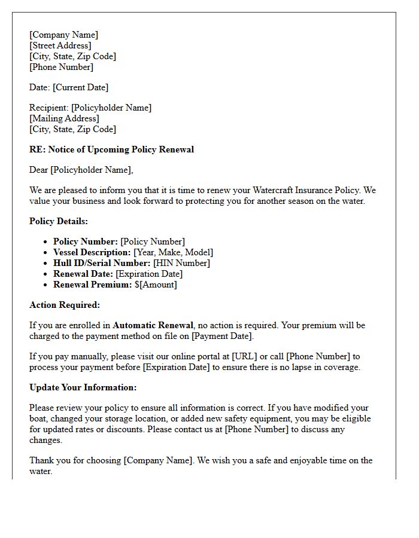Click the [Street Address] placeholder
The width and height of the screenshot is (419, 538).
point(60,45)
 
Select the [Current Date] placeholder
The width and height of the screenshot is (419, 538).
point(81,87)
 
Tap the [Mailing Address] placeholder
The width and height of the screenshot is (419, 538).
point(64,118)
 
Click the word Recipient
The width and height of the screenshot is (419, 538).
point(48,108)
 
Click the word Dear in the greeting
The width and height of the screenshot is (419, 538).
point(39,170)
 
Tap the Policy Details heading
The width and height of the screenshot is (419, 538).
point(59,221)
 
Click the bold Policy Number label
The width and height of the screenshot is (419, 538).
point(86,242)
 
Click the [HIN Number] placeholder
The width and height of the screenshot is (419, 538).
point(181,263)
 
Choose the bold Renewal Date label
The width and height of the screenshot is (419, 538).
point(83,274)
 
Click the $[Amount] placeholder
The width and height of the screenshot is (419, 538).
point(156,285)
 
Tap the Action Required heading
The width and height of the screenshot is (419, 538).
point(65,305)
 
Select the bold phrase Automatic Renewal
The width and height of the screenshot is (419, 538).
point(153,325)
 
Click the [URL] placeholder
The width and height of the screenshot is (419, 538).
point(245,356)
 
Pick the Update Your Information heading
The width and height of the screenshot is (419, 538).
point(83,387)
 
